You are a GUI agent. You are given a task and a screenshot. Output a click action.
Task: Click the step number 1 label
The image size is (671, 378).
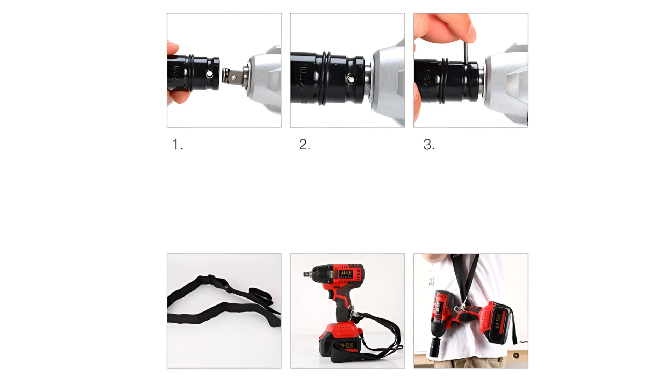pos(178,145)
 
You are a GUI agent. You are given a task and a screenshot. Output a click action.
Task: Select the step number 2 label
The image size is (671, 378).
pos(304,145)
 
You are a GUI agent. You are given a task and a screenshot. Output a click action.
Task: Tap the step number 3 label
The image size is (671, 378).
pos(429,145)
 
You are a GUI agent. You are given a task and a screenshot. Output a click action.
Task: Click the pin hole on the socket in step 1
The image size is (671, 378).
pos(210,75)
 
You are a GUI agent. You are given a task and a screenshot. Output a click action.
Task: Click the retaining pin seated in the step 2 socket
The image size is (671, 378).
pos(350,80)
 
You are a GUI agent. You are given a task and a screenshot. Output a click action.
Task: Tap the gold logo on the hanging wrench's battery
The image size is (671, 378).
pos(498,321)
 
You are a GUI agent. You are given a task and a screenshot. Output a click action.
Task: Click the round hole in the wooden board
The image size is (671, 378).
pos(515,355)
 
